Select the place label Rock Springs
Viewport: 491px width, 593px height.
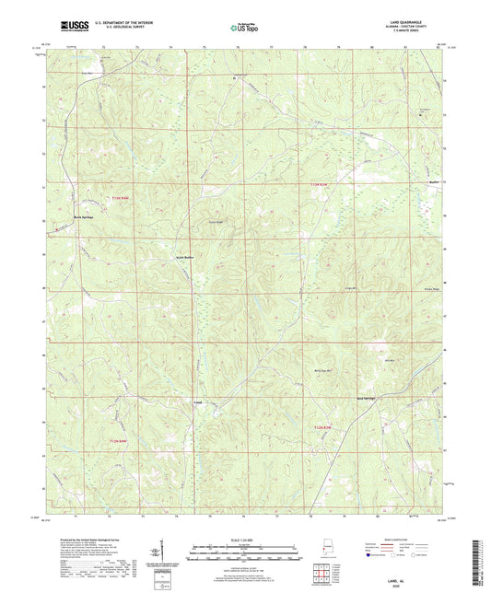(x=85, y=217)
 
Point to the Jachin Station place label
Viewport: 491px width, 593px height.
(x=186, y=256)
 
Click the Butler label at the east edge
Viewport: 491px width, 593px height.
(x=434, y=183)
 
